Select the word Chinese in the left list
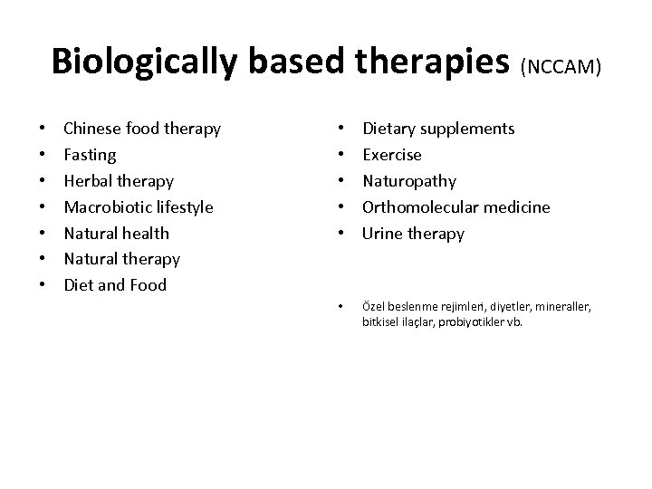[x=92, y=129]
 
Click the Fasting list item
[x=90, y=155]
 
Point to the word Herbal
[x=87, y=181]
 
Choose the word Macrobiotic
[x=107, y=207]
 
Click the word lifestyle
[x=182, y=207]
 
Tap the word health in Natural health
[x=146, y=233]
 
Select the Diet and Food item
[x=115, y=285]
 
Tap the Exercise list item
[x=392, y=155]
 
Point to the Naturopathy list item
[x=409, y=181]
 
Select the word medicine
[x=518, y=207]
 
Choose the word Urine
[x=384, y=233]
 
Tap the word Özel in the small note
[x=373, y=307]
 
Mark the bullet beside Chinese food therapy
[x=43, y=129]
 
